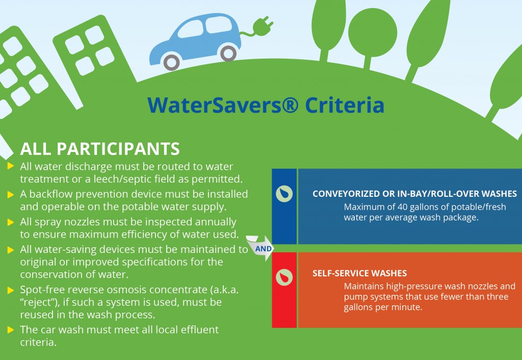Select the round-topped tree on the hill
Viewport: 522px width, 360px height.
373,35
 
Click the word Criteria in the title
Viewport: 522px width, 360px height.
345,105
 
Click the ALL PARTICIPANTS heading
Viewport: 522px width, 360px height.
100,149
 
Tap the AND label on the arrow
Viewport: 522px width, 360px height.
264,249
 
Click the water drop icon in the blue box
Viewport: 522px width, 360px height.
284,194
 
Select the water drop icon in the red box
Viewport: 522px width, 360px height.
284,277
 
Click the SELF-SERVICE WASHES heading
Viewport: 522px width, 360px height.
359,273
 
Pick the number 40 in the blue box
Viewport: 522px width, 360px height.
402,207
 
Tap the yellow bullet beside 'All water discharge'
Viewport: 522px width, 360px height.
11,166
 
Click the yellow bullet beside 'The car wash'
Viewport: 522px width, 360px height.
11,330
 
